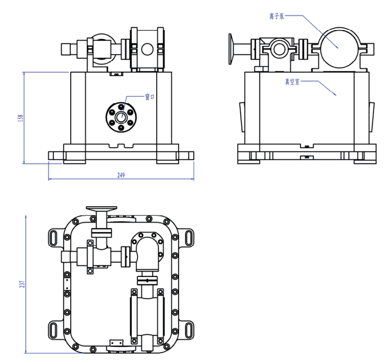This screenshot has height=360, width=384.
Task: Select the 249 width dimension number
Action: click(121, 175)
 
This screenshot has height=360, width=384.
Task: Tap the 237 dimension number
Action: click(21, 283)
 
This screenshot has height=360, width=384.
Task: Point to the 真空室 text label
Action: click(292, 81)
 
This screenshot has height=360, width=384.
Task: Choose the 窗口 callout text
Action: click(150, 97)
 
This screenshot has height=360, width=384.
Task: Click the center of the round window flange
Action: click(121, 117)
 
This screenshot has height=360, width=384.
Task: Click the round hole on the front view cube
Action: click(147, 49)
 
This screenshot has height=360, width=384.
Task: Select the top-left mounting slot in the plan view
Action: click(54, 237)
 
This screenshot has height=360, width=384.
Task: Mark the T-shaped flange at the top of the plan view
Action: click(101, 209)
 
